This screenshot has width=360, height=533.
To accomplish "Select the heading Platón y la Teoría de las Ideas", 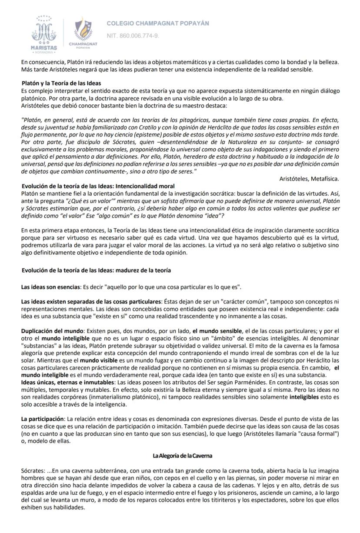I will (61, 83).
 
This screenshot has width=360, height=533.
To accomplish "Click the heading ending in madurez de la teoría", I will (96, 270).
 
